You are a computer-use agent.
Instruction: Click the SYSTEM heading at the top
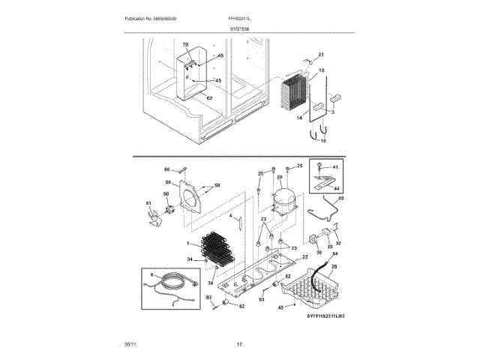(x=239, y=28)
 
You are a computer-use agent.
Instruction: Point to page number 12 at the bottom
(x=239, y=343)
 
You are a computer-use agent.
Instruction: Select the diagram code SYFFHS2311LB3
(x=329, y=318)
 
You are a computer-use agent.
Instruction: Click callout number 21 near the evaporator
(x=320, y=55)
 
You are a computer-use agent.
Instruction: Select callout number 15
(x=321, y=70)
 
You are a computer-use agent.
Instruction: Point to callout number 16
(x=324, y=140)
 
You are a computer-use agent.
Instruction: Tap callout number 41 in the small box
(x=335, y=166)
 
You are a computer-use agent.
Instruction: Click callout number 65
(x=341, y=198)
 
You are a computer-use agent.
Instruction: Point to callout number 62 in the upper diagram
(x=209, y=98)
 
